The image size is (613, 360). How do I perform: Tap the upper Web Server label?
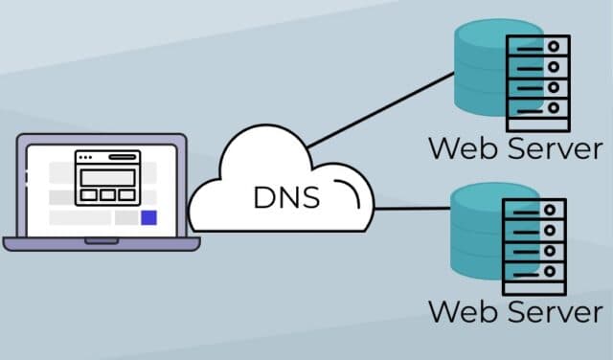(515, 148)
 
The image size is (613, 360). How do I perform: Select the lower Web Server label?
(515, 312)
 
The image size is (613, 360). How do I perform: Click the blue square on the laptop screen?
(148, 218)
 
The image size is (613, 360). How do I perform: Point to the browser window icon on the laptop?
(108, 177)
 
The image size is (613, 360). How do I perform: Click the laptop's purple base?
(101, 244)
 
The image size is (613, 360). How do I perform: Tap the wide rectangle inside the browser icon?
(108, 177)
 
